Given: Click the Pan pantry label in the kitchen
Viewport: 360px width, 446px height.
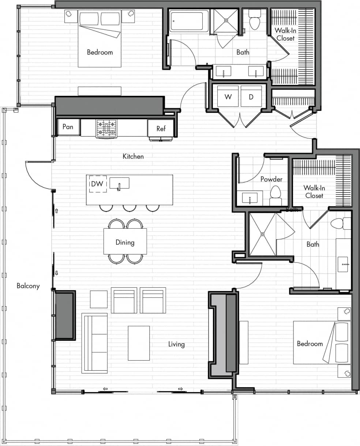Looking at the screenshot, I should pos(68,127).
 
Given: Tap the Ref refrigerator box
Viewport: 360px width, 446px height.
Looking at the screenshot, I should pos(161,128).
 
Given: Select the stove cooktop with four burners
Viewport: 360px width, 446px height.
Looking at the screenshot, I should pos(106,128).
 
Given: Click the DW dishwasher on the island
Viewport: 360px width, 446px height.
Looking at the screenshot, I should pos(97,184).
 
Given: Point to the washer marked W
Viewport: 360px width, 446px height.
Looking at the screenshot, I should pos(228,97).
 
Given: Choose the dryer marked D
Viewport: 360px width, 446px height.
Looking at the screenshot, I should pos(251,97).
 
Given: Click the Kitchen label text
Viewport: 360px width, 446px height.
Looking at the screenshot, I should pos(133,157).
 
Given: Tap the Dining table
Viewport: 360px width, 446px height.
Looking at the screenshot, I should pos(125,241).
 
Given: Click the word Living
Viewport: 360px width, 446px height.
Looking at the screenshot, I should pos(176,344).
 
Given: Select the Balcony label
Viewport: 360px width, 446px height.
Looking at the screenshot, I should pos(28,286).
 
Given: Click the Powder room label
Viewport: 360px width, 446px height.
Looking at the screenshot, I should pos(271,179).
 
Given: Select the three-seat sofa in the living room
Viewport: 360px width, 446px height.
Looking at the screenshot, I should pos(95,343).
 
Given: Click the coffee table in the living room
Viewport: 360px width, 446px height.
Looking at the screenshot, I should pos(139,343).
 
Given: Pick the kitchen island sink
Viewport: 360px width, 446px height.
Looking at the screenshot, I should pos(119,183).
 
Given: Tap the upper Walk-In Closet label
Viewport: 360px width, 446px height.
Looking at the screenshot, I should pos(286,34).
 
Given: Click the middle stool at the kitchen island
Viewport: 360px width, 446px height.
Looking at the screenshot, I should pos(130,208).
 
